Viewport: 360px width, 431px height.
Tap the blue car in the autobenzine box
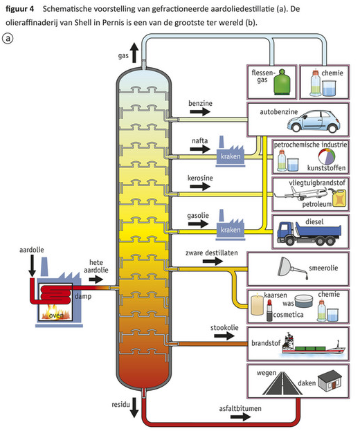pyautogui.click(x=314, y=121)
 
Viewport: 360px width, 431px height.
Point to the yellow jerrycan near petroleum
pyautogui.click(x=339, y=197)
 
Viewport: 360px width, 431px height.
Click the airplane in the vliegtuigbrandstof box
pyautogui.click(x=301, y=193)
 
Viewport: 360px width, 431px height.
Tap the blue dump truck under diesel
pyautogui.click(x=309, y=234)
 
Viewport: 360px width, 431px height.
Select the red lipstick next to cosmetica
pyautogui.click(x=269, y=311)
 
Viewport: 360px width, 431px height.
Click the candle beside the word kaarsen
pyautogui.click(x=257, y=304)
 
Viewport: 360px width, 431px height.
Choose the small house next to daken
pyautogui.click(x=330, y=380)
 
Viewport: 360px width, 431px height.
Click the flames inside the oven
pyautogui.click(x=56, y=312)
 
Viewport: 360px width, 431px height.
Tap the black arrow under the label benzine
pyautogui.click(x=200, y=111)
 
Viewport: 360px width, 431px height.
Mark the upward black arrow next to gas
pyautogui.click(x=134, y=53)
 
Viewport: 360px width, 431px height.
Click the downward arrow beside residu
pyautogui.click(x=134, y=407)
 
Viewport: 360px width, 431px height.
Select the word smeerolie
pyautogui.click(x=323, y=268)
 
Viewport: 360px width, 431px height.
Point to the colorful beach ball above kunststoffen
pyautogui.click(x=327, y=156)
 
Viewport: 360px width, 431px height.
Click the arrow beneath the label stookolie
pyautogui.click(x=224, y=336)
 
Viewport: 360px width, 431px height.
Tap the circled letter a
pyautogui.click(x=8, y=38)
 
